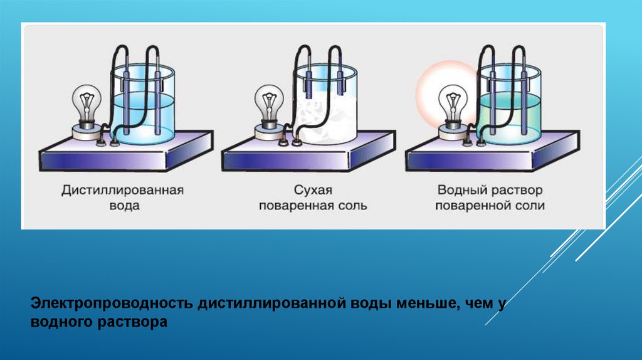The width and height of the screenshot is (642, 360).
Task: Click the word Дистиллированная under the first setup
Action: pos(122,190)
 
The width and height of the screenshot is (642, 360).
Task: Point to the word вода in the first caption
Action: pos(122,206)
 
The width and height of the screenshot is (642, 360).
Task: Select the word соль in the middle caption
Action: pos(350,206)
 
